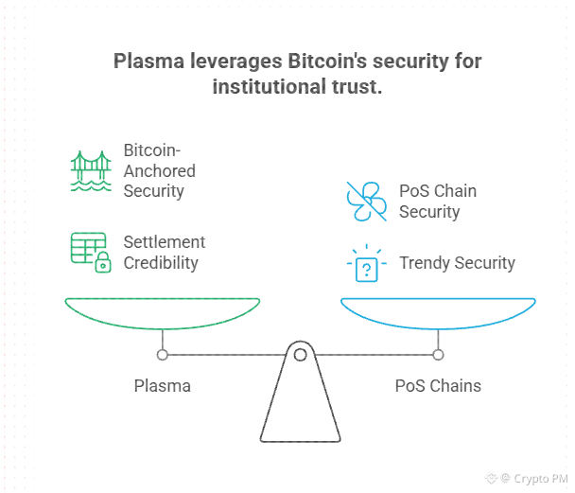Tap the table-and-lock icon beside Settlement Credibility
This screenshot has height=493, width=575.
point(90,253)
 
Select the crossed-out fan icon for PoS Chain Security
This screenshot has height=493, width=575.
point(366,201)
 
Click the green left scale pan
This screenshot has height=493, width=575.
point(162,312)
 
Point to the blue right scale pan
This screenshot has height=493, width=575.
point(438,312)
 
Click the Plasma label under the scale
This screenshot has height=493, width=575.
point(162,386)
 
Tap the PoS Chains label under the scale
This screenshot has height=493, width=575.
point(438,386)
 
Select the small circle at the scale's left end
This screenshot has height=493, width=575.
point(163,355)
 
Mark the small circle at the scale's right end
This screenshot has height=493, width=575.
point(438,355)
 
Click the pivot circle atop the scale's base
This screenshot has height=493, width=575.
point(300,355)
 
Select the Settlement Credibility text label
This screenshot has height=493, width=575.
point(165,253)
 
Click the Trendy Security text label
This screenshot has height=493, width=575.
point(457,263)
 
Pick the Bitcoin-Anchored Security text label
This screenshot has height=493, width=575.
point(160,170)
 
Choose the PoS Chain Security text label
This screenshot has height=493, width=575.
point(438,201)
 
